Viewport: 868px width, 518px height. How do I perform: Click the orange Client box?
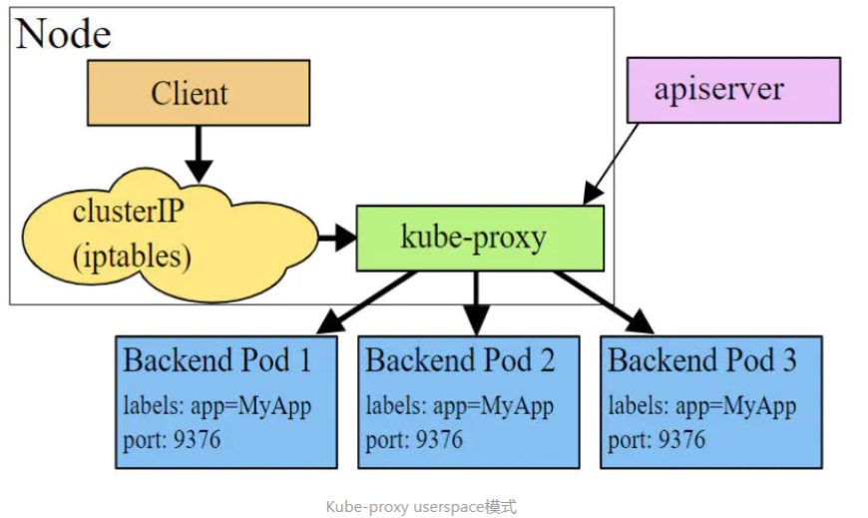[x=199, y=93]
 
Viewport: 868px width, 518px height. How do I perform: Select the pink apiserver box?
[x=733, y=90]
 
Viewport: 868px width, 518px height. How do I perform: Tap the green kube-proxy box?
[x=480, y=239]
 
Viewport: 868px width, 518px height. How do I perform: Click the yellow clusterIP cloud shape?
[x=170, y=236]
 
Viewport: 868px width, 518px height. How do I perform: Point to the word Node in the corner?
[x=63, y=34]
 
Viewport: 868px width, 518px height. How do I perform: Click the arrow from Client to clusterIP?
[x=199, y=154]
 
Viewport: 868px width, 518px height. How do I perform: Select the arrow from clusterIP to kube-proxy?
[x=337, y=238]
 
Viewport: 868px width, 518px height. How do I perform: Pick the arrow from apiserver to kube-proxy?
[x=611, y=164]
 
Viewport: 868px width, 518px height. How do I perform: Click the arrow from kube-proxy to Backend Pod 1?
[x=367, y=302]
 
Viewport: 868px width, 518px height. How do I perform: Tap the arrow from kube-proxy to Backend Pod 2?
[x=476, y=303]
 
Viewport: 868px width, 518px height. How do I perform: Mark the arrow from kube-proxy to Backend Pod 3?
[x=604, y=302]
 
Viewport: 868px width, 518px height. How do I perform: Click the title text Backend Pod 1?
[x=217, y=360]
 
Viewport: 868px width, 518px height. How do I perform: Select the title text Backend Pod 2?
[x=460, y=360]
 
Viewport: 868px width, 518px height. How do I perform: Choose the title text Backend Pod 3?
[x=702, y=360]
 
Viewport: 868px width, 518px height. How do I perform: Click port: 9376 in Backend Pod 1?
[x=172, y=440]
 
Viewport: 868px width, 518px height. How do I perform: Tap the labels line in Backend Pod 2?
[x=460, y=406]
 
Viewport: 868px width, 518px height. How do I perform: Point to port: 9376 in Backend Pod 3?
[x=656, y=440]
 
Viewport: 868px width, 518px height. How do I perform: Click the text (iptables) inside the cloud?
[x=132, y=258]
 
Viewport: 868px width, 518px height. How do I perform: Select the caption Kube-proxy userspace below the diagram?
[x=405, y=507]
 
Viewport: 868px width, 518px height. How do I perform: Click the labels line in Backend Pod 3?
[x=702, y=406]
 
